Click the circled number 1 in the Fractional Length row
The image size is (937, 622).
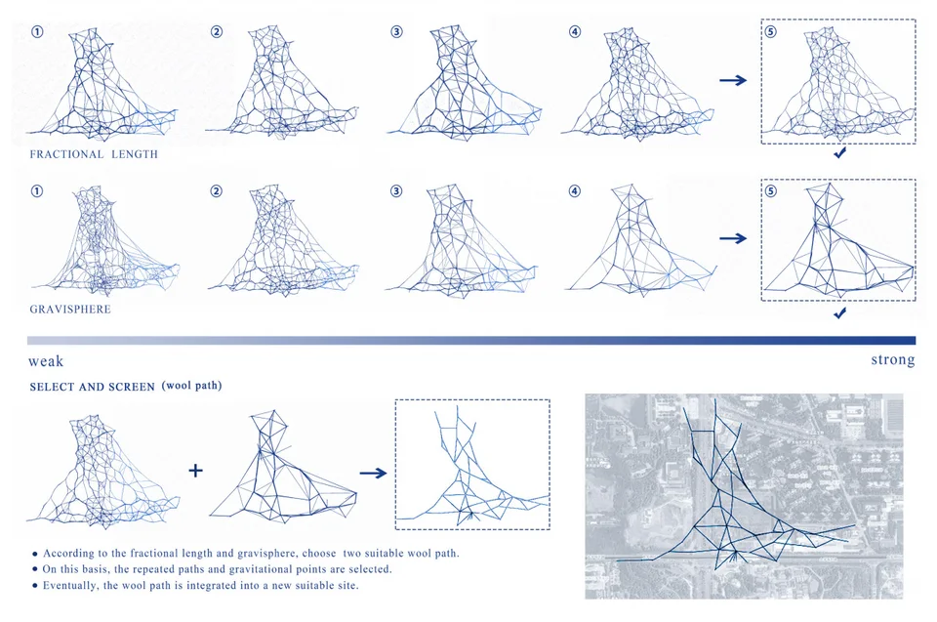pyautogui.click(x=37, y=31)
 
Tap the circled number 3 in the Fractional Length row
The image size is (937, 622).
pyautogui.click(x=396, y=31)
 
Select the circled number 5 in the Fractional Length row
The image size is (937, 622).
pyautogui.click(x=771, y=31)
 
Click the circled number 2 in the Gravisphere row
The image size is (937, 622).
pyautogui.click(x=217, y=190)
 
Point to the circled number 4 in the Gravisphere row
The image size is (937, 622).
pyautogui.click(x=575, y=190)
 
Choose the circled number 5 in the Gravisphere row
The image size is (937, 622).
pyautogui.click(x=771, y=190)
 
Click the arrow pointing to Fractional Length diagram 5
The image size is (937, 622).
pyautogui.click(x=733, y=80)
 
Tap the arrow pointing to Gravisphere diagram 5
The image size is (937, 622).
pyautogui.click(x=733, y=238)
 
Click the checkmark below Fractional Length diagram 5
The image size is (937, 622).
pyautogui.click(x=840, y=153)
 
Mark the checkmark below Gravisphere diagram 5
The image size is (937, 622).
pyautogui.click(x=840, y=313)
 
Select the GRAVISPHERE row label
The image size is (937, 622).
pyautogui.click(x=70, y=310)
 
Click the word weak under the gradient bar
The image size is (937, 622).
pyautogui.click(x=46, y=361)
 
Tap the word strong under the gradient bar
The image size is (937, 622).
pyautogui.click(x=893, y=360)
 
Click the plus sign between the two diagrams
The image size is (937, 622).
pyautogui.click(x=195, y=471)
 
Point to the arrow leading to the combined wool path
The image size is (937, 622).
pyautogui.click(x=374, y=473)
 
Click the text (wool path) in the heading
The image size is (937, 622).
pyautogui.click(x=192, y=386)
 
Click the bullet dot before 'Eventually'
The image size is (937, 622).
pyautogui.click(x=35, y=586)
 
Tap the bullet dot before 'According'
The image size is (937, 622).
pyautogui.click(x=35, y=555)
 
